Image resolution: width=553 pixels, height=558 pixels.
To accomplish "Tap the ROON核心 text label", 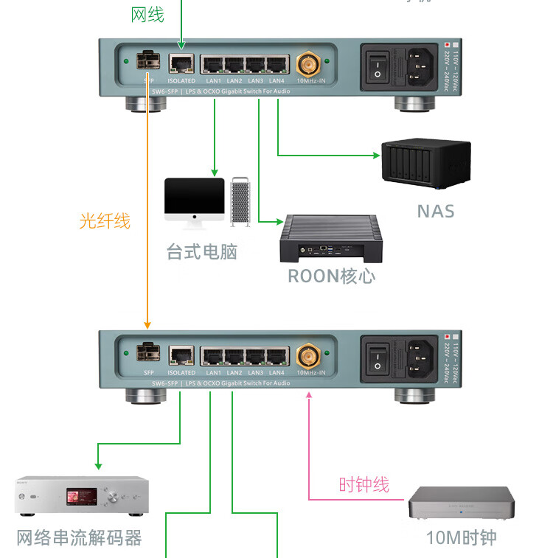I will tap(331, 276).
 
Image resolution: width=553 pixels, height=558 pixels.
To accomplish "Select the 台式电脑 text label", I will tap(201, 251).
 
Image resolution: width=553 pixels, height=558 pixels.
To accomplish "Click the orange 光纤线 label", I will tap(105, 220).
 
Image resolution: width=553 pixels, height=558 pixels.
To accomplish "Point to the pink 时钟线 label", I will tap(364, 484).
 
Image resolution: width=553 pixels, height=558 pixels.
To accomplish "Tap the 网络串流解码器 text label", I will tap(79, 537).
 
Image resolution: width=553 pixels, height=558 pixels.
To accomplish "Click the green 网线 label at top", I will tap(147, 14).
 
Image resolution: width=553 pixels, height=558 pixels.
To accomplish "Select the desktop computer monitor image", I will tap(194, 198).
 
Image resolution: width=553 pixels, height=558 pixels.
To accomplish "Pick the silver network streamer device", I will tap(82, 495).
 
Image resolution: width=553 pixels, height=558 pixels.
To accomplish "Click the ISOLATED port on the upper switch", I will tap(181, 63).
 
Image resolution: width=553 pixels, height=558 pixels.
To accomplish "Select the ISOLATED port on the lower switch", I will tap(181, 356).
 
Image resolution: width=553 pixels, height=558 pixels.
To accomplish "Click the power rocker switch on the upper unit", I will tap(377, 64).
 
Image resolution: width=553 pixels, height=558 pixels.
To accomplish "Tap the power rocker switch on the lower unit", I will tap(377, 357).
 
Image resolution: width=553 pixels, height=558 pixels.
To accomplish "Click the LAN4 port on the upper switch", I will tap(277, 64).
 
